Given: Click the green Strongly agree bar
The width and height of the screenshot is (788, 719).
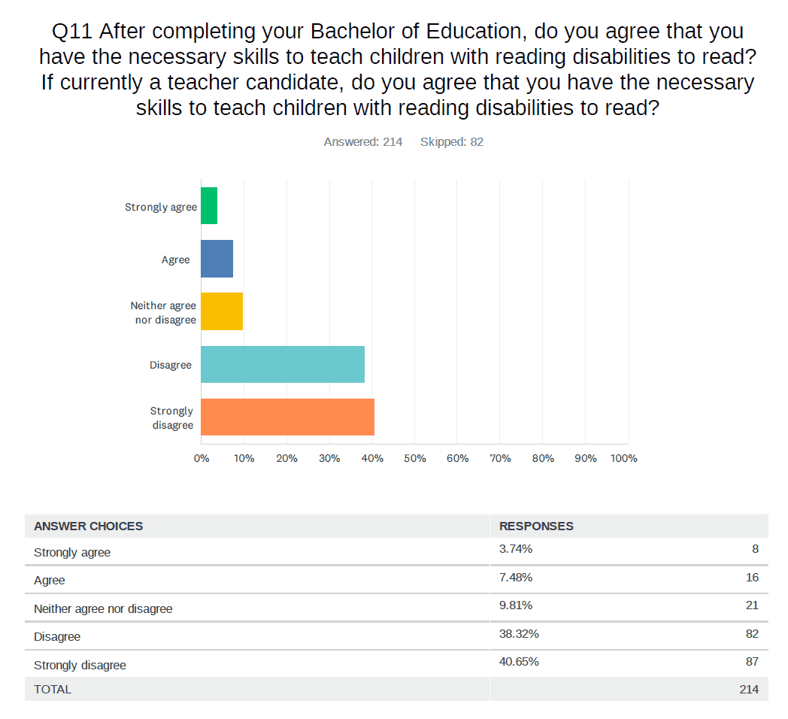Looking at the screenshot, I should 209,206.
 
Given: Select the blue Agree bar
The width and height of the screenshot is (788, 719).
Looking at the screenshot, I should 217,259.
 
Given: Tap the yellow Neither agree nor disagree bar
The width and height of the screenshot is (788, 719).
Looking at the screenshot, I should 222,311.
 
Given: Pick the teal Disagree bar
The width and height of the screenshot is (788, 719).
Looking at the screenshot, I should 283,364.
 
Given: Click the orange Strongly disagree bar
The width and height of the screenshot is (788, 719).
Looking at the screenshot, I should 287,417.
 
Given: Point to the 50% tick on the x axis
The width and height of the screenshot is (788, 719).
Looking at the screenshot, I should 415,458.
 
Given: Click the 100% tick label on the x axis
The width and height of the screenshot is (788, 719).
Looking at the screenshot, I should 624,458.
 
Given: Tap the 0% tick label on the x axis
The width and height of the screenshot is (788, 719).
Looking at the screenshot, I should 202,458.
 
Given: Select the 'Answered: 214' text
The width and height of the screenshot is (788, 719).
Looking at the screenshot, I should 363,141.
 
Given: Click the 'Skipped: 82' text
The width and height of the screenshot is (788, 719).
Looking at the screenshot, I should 452,141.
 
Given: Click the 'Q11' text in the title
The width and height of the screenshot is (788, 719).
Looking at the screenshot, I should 72,32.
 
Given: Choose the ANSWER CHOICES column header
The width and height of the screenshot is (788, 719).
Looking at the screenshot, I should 89,526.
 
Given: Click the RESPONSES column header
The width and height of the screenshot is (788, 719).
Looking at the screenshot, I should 536,526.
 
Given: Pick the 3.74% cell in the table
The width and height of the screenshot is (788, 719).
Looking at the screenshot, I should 516,549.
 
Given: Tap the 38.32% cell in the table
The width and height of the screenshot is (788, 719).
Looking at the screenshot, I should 519,633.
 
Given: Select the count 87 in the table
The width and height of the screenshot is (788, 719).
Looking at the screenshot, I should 751,661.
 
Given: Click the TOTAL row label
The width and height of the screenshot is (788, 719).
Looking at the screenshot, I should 53,689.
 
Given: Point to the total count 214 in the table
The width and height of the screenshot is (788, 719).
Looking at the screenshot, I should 749,689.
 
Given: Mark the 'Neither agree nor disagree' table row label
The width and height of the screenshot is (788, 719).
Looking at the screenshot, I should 103,608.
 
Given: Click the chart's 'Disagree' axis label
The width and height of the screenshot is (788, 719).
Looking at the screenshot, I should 171,365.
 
